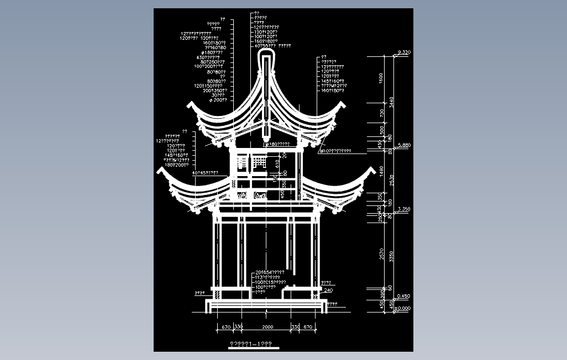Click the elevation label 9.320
tap(403, 52)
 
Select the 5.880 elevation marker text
tap(404, 145)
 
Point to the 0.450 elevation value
tap(403, 296)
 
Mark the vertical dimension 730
tap(381, 113)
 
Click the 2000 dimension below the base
tap(267, 327)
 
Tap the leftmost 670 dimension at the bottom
tap(225, 327)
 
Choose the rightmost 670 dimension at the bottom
tap(307, 327)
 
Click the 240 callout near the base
tap(328, 290)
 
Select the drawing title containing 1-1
tap(250, 344)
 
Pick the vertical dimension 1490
tap(381, 171)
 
